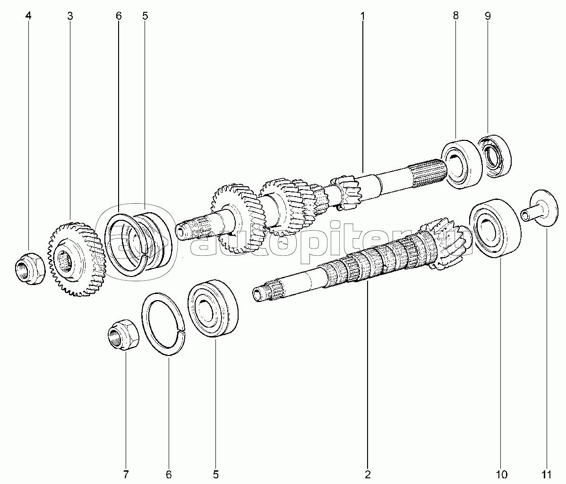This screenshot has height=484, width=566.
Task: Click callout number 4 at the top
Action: [28, 16]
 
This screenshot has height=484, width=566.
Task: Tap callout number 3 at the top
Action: [69, 16]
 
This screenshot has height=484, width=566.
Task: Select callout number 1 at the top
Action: [363, 16]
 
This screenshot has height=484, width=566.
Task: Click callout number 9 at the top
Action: [488, 16]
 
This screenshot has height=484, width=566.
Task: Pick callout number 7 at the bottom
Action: [126, 474]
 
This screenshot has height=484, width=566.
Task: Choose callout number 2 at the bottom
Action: [368, 474]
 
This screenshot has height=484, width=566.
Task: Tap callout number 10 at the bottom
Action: [502, 474]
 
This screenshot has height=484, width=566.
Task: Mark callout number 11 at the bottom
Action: [547, 474]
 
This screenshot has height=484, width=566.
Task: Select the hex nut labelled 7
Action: [123, 335]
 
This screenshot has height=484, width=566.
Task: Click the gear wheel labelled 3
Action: [77, 259]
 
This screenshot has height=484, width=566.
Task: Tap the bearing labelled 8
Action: [462, 164]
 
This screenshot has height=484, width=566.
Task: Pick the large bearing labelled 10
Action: [495, 228]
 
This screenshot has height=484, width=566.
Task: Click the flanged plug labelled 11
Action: [539, 209]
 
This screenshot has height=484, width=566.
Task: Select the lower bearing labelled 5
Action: [213, 308]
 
